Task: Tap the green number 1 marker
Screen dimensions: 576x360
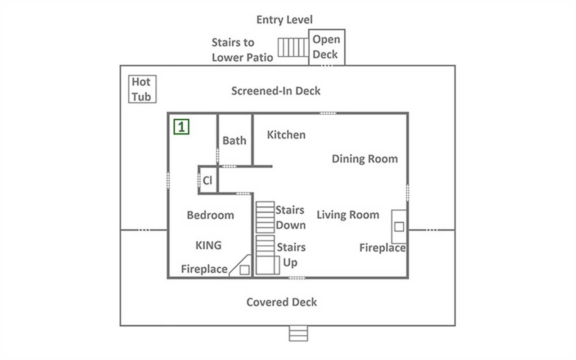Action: click(x=181, y=126)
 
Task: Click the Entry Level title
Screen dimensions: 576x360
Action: click(x=284, y=20)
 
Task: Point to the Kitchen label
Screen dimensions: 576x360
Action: click(x=286, y=135)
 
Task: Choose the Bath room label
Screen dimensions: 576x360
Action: click(x=234, y=140)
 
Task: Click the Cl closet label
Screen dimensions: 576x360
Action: click(x=207, y=180)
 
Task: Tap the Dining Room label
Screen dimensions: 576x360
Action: click(x=364, y=159)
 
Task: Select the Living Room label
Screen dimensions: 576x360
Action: click(x=348, y=215)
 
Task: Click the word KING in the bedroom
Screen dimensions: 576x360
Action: click(x=208, y=245)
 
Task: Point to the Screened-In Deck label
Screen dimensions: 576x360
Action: click(x=276, y=91)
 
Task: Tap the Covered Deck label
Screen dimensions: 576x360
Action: click(x=282, y=302)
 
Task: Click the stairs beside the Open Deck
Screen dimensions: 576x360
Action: click(x=293, y=47)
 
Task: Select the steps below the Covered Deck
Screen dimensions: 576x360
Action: click(x=298, y=333)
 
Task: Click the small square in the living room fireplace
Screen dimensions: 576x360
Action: click(x=399, y=227)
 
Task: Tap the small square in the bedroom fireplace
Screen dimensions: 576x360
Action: click(x=244, y=270)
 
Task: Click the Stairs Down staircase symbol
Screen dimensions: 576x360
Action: click(x=265, y=217)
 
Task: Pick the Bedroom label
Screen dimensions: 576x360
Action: click(x=210, y=215)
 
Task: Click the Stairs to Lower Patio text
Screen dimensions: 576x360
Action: click(x=242, y=50)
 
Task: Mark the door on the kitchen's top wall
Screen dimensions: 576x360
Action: click(x=328, y=113)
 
